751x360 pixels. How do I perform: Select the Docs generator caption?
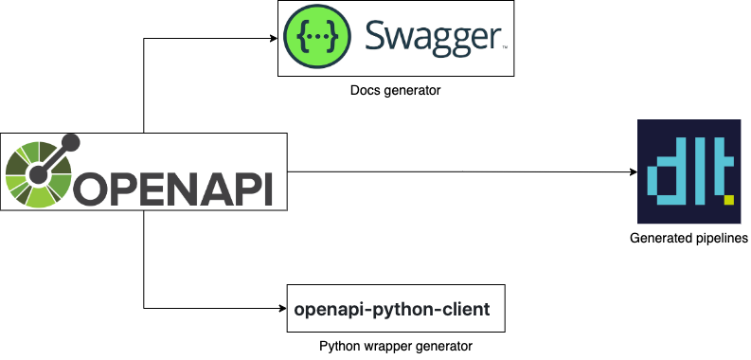[395, 90]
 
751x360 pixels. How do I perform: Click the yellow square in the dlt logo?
[728, 200]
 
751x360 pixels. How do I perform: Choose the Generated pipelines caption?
[688, 237]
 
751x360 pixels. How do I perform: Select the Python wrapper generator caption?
[395, 347]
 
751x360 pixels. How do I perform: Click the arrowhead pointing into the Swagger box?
[272, 39]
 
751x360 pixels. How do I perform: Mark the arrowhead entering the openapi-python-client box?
[281, 308]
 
